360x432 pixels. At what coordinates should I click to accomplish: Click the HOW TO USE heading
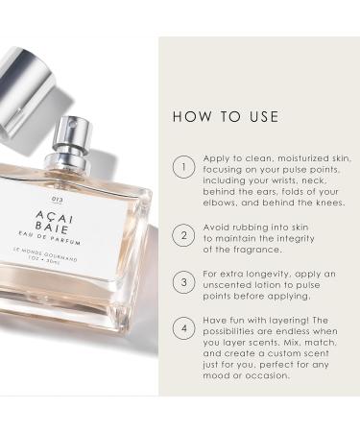tap(226, 117)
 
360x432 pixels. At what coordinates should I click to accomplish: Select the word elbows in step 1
tap(222, 204)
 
